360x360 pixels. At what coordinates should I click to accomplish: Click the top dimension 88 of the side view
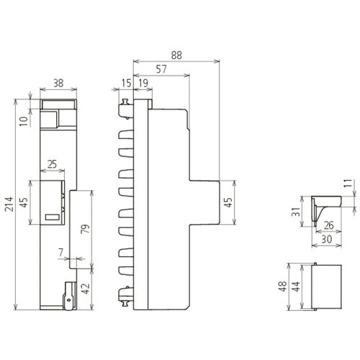click(x=176, y=55)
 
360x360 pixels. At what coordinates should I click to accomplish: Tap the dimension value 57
click(x=161, y=70)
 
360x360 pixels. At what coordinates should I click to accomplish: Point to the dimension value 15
click(x=127, y=84)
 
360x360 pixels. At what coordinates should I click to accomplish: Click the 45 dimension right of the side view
click(x=229, y=203)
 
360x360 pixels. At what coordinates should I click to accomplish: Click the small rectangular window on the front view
click(x=52, y=217)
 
